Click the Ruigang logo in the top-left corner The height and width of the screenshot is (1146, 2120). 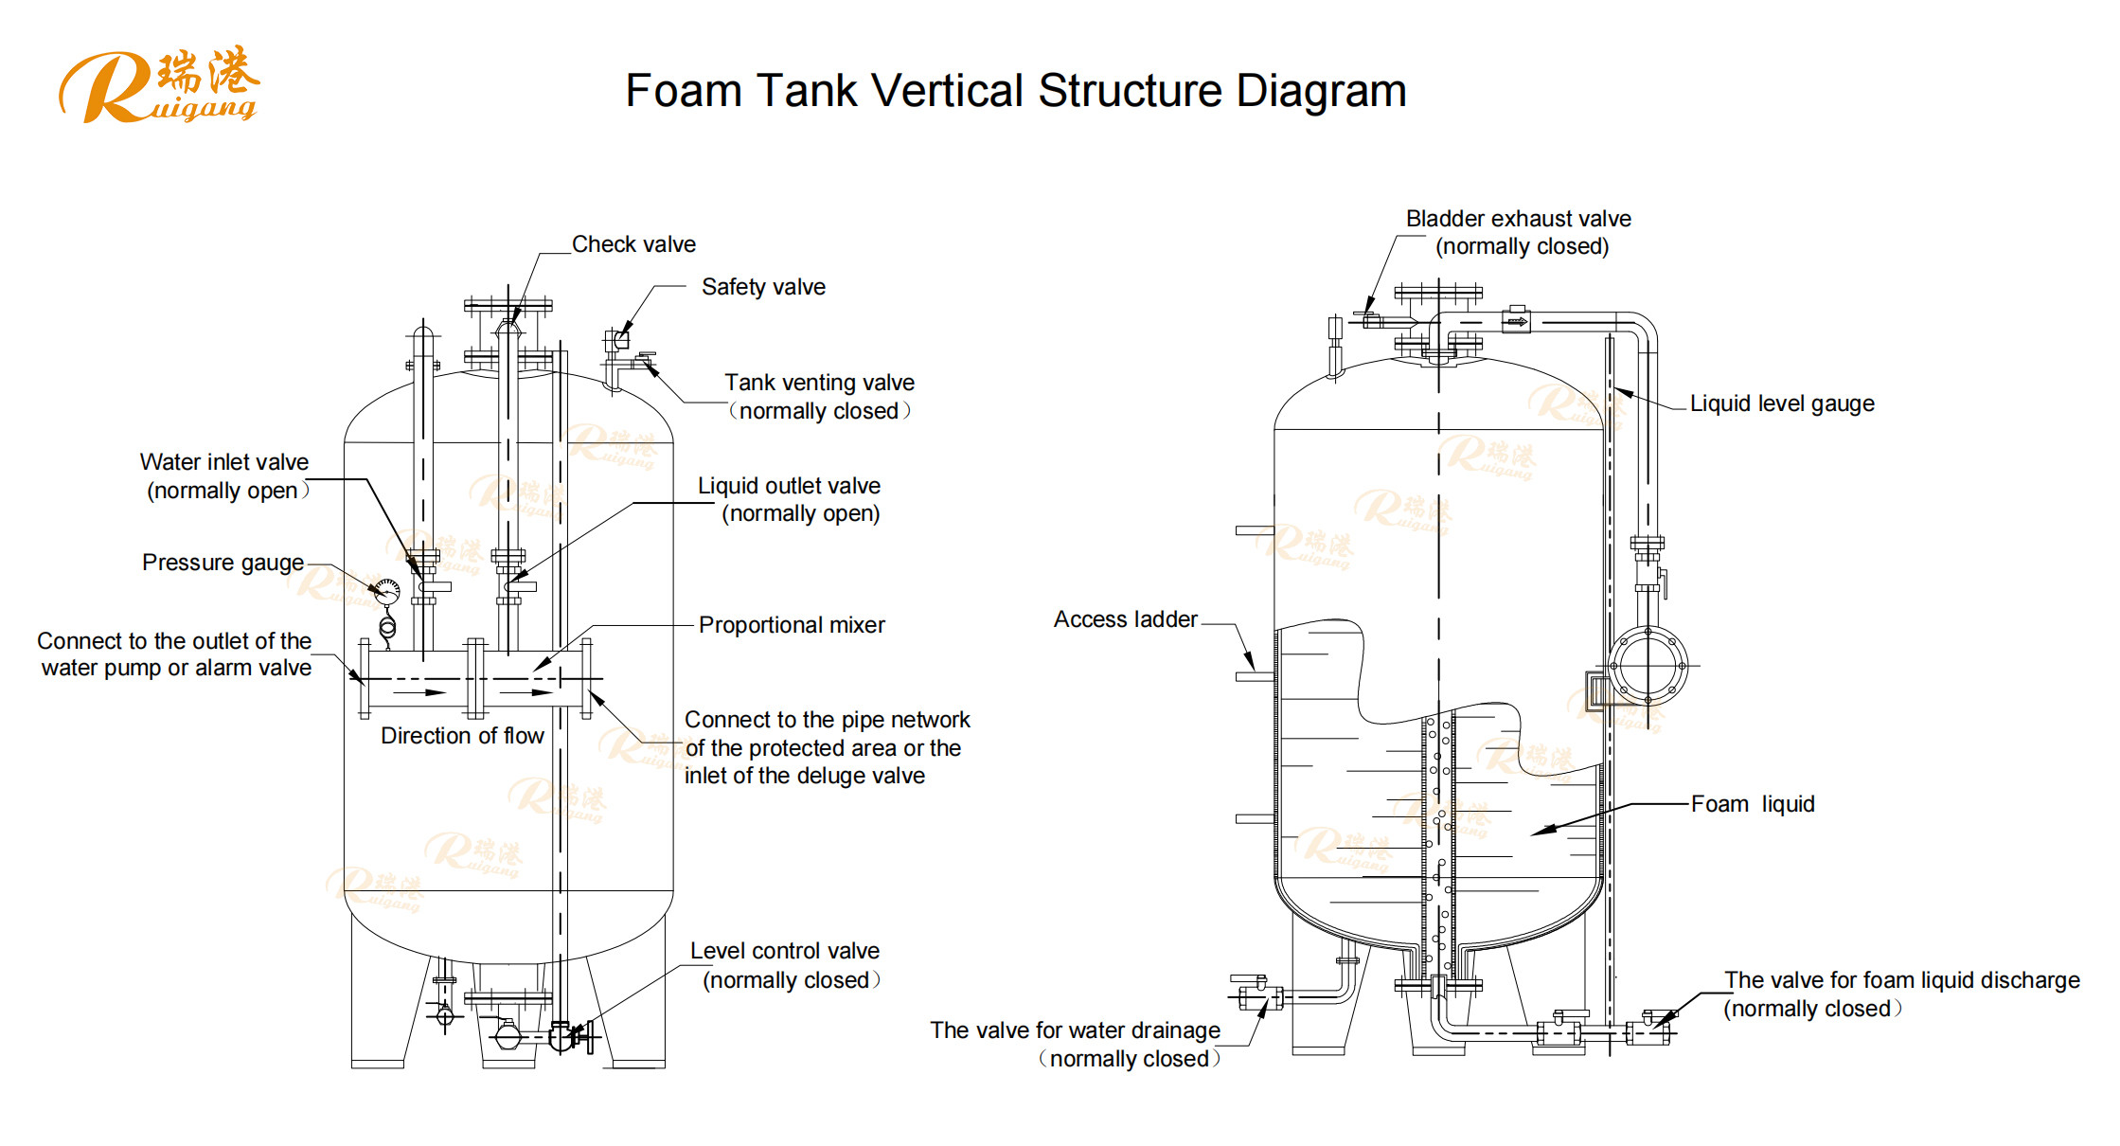[x=158, y=85]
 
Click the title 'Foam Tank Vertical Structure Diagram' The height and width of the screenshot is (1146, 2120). [x=1015, y=91]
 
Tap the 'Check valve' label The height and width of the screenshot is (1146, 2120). [x=633, y=244]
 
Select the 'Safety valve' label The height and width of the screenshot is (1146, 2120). [x=763, y=287]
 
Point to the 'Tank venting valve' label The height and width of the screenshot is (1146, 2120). [x=819, y=383]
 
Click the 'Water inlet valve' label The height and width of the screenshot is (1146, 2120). [x=224, y=462]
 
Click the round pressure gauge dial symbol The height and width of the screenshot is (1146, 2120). [x=386, y=592]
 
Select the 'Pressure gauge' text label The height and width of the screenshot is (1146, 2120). [x=223, y=563]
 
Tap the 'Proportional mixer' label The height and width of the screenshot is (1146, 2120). [x=792, y=625]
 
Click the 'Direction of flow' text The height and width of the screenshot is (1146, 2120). [x=462, y=736]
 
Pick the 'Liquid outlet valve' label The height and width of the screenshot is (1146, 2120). [x=789, y=486]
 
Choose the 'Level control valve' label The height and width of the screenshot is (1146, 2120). [x=784, y=951]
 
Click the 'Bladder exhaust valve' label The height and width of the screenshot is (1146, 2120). [x=1518, y=219]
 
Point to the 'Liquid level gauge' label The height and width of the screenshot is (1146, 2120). [x=1782, y=403]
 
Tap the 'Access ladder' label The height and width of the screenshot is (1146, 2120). [x=1126, y=619]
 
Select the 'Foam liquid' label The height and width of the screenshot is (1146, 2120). [x=1753, y=804]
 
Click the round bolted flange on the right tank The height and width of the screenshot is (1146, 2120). [x=1648, y=666]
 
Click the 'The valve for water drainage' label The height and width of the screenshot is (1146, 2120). [x=1075, y=1030]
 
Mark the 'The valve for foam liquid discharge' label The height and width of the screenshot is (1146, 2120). [x=1901, y=980]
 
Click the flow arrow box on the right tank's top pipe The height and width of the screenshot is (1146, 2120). [x=1517, y=322]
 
